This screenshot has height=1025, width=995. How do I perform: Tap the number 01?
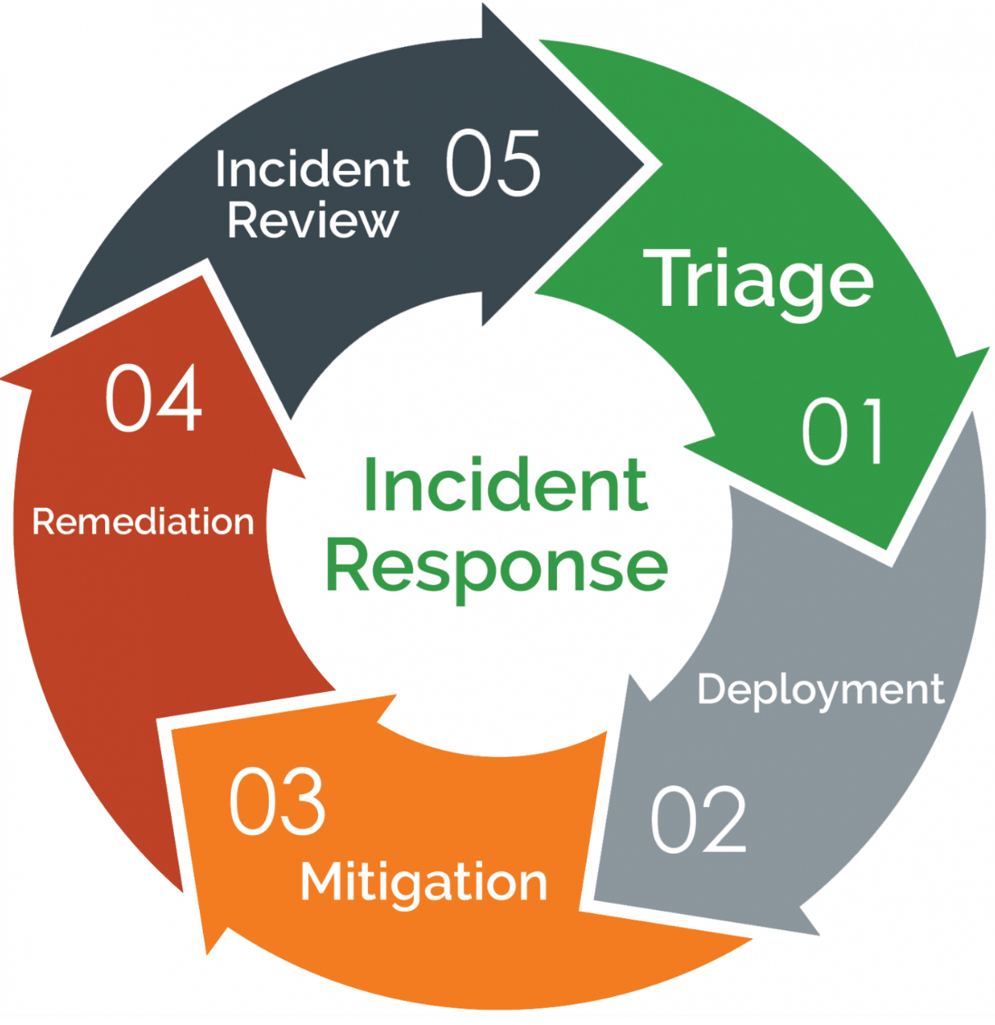point(843,432)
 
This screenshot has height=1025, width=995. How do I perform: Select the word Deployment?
point(820,690)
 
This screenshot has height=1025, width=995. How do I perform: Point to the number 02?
point(698,819)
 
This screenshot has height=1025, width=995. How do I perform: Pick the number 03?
point(277,802)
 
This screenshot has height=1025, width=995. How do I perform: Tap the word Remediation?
point(143,522)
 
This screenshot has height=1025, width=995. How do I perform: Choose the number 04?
point(154,399)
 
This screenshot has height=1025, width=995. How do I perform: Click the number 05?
point(493,163)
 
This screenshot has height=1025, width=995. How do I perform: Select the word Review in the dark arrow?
point(312,220)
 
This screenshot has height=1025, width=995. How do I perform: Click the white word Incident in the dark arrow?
point(312,169)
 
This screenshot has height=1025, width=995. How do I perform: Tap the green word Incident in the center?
point(504,485)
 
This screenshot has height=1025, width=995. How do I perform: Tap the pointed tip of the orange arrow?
point(207,953)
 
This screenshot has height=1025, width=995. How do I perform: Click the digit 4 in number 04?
point(178,399)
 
